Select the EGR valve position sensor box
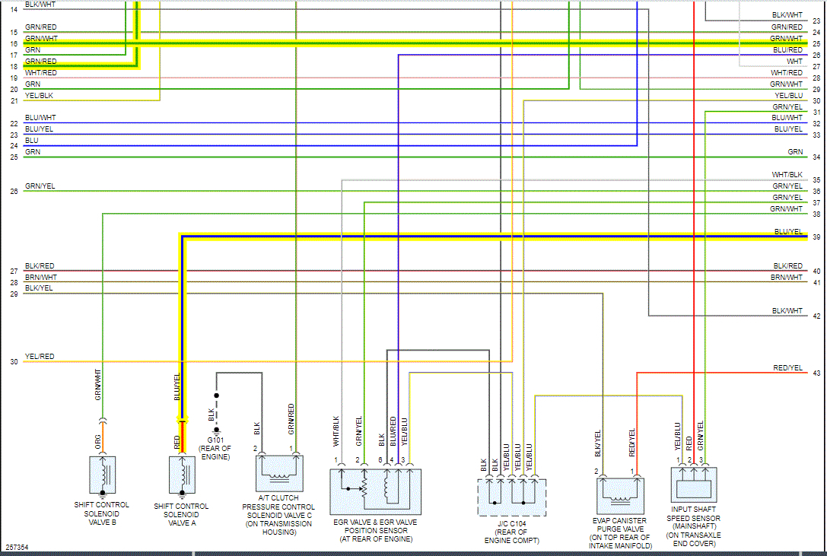point(374,491)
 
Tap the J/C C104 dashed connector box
point(511,496)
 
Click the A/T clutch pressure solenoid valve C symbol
point(278,473)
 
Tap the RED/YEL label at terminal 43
point(788,368)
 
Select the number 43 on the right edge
point(816,373)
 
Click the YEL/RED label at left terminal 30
point(40,357)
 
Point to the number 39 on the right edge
point(816,237)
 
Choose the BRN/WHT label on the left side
point(40,278)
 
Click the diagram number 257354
point(17,547)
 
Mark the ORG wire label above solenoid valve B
point(98,440)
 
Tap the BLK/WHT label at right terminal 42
point(787,310)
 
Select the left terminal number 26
point(14,192)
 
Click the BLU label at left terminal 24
point(32,141)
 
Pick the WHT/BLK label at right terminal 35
point(787,175)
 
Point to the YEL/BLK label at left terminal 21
point(40,95)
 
